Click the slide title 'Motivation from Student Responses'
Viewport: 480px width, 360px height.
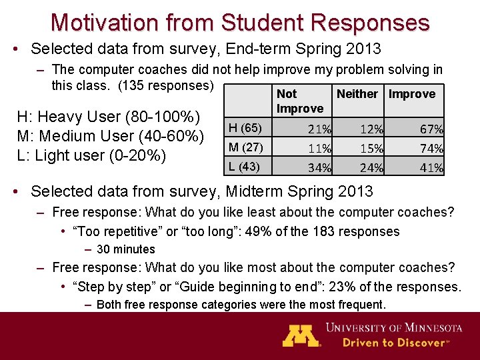coord(240,22)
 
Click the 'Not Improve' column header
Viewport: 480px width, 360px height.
coord(299,101)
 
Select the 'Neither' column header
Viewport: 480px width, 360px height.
coord(357,94)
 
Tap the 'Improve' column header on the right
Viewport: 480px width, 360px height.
coord(411,94)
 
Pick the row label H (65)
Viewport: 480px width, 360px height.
coord(245,127)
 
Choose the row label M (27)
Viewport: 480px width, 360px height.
coord(245,147)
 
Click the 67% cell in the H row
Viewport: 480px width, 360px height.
coord(431,129)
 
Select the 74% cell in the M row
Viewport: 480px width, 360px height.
coord(431,149)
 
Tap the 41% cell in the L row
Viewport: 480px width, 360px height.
coord(431,168)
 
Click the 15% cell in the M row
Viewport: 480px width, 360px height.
coord(371,149)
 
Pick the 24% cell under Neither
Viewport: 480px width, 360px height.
coord(371,168)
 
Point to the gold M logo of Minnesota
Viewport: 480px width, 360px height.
coord(301,335)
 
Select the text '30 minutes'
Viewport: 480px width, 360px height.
coord(125,249)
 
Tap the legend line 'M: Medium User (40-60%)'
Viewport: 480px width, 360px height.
coord(110,136)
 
